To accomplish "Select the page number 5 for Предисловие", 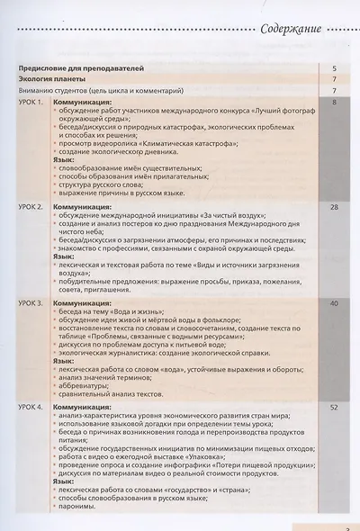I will [333, 68].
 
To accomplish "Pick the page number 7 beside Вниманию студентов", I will [333, 90].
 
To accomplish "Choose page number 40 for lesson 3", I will [333, 303].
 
